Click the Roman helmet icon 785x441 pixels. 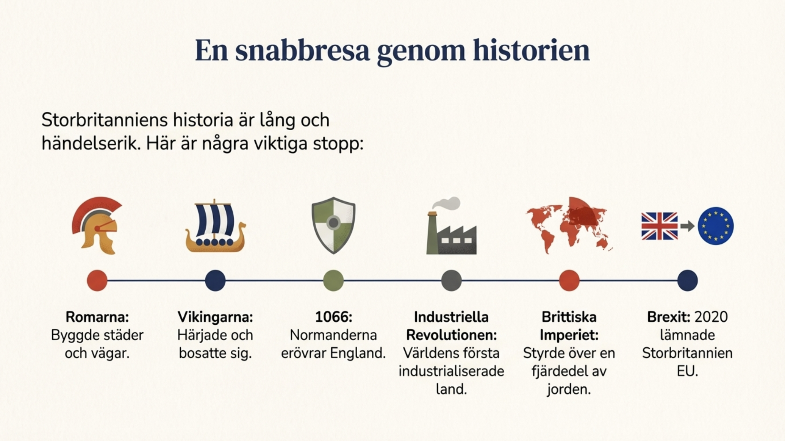97,225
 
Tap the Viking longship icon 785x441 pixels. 215,226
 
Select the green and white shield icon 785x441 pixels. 333,225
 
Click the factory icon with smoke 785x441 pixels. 451,225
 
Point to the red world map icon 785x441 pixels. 569,225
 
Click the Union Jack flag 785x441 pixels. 659,226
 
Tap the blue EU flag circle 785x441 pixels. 716,226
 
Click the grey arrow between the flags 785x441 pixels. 687,226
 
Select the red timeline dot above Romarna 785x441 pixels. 97,281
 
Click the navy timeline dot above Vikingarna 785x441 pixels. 215,281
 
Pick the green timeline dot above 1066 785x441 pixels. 333,281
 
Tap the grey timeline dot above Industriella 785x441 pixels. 451,281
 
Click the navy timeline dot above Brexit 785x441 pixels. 687,281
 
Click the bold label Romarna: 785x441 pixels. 97,317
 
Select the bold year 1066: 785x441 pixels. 333,317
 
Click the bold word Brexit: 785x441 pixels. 668,317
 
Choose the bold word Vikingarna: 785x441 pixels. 215,317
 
